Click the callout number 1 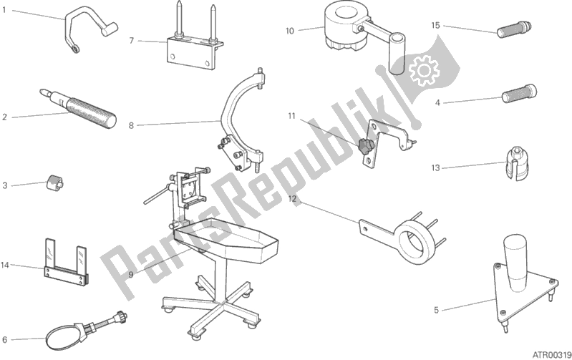click(x=4, y=10)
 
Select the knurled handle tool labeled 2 click(x=78, y=108)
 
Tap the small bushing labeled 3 click(x=54, y=181)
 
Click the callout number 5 click(x=436, y=310)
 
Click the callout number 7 click(x=132, y=41)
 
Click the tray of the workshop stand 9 click(x=226, y=240)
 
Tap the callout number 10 click(x=289, y=31)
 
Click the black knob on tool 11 click(x=364, y=146)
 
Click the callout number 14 click(x=4, y=265)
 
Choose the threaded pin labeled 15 click(x=514, y=29)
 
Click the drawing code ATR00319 click(x=551, y=354)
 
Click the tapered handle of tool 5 click(x=514, y=263)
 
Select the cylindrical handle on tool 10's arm click(x=397, y=54)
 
